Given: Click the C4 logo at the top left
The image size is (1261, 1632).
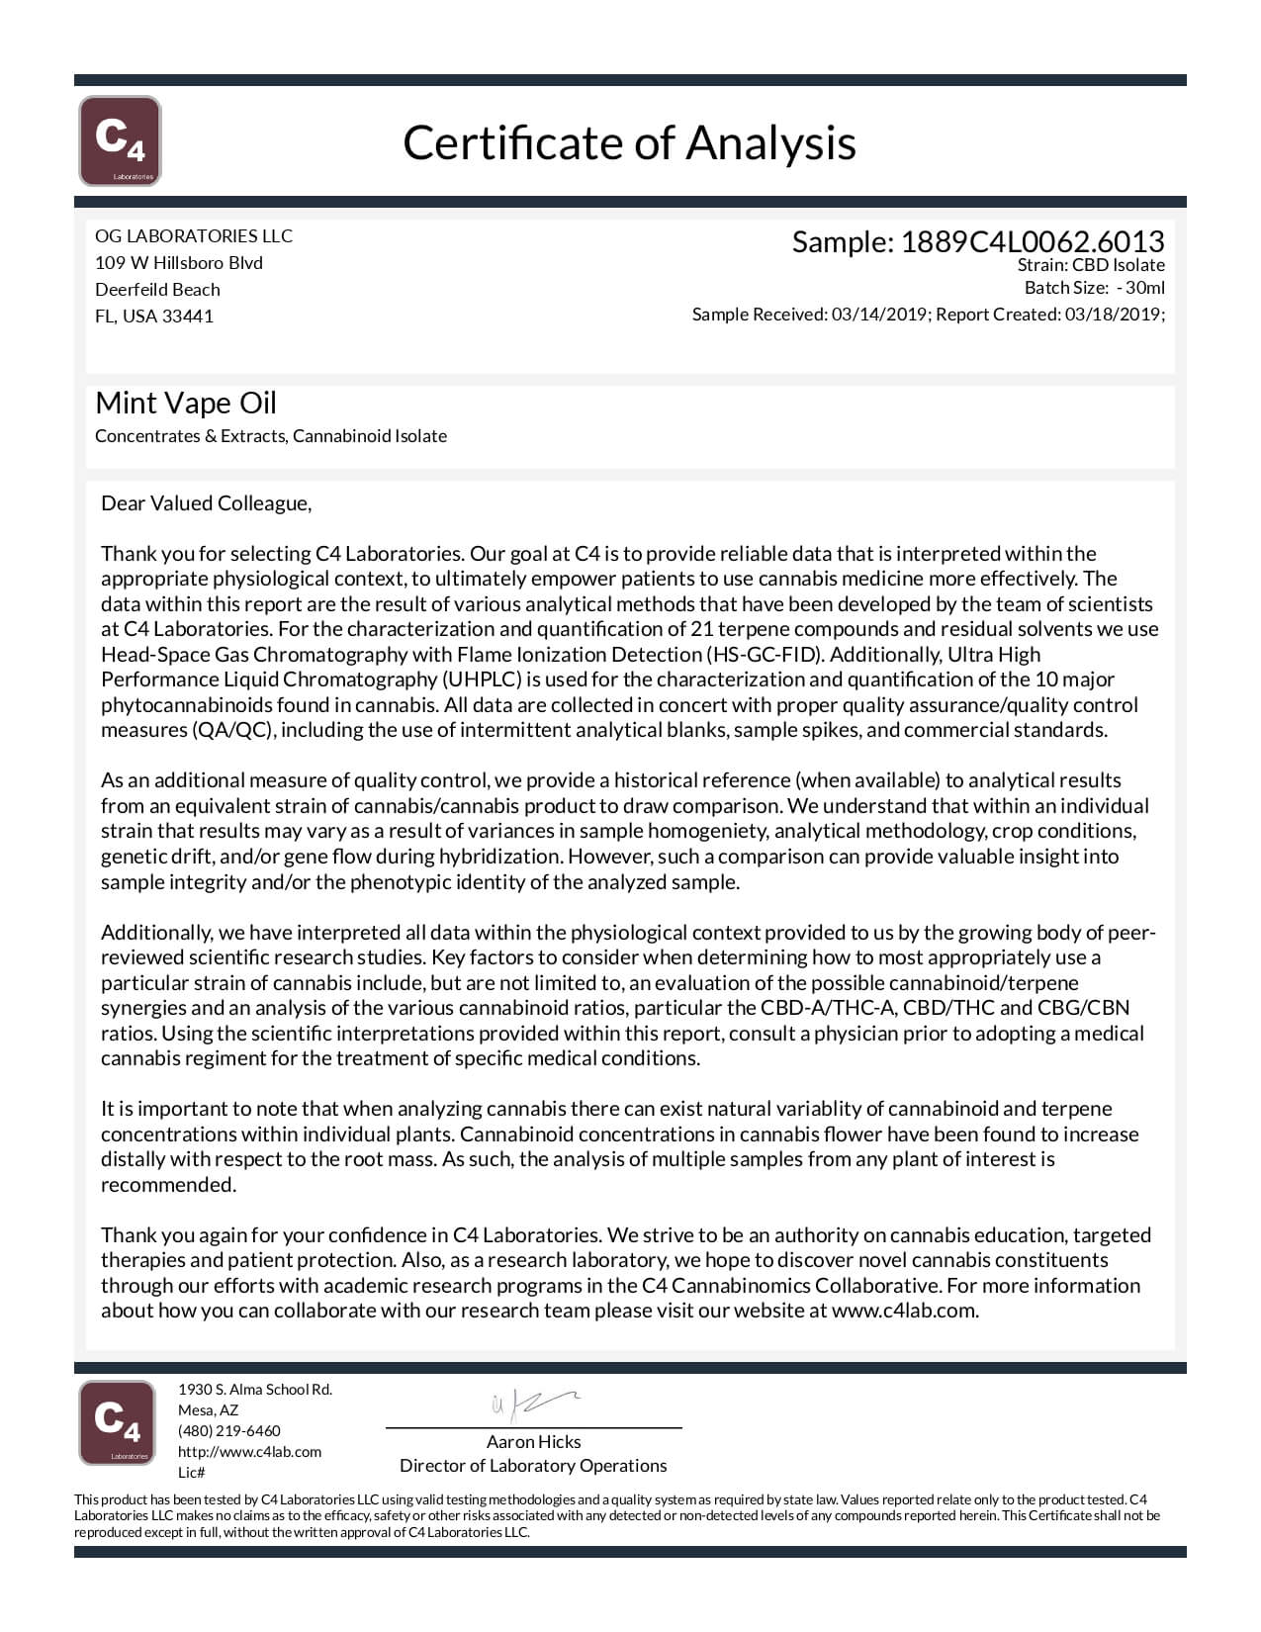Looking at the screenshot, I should tap(120, 140).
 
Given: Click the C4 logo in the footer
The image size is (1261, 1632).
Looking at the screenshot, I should tap(117, 1422).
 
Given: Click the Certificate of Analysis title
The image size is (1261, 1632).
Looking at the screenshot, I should tap(629, 142).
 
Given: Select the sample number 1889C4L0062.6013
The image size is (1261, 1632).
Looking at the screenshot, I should tap(1032, 241).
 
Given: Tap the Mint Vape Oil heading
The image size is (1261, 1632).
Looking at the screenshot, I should tap(186, 403).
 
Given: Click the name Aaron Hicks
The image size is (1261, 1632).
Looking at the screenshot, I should tap(533, 1441).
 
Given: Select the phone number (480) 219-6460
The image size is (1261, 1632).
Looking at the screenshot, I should tap(228, 1430).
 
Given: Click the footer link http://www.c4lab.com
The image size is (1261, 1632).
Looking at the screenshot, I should tap(249, 1451).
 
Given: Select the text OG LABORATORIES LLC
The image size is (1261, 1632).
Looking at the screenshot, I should tap(194, 235).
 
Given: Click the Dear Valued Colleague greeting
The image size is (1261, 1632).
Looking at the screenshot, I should tap(206, 503).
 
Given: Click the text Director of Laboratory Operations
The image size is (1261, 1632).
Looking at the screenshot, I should tap(533, 1465).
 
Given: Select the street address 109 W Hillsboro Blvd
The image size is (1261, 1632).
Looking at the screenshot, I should tap(179, 263).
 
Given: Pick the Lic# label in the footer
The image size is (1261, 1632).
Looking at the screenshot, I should tap(191, 1472).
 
